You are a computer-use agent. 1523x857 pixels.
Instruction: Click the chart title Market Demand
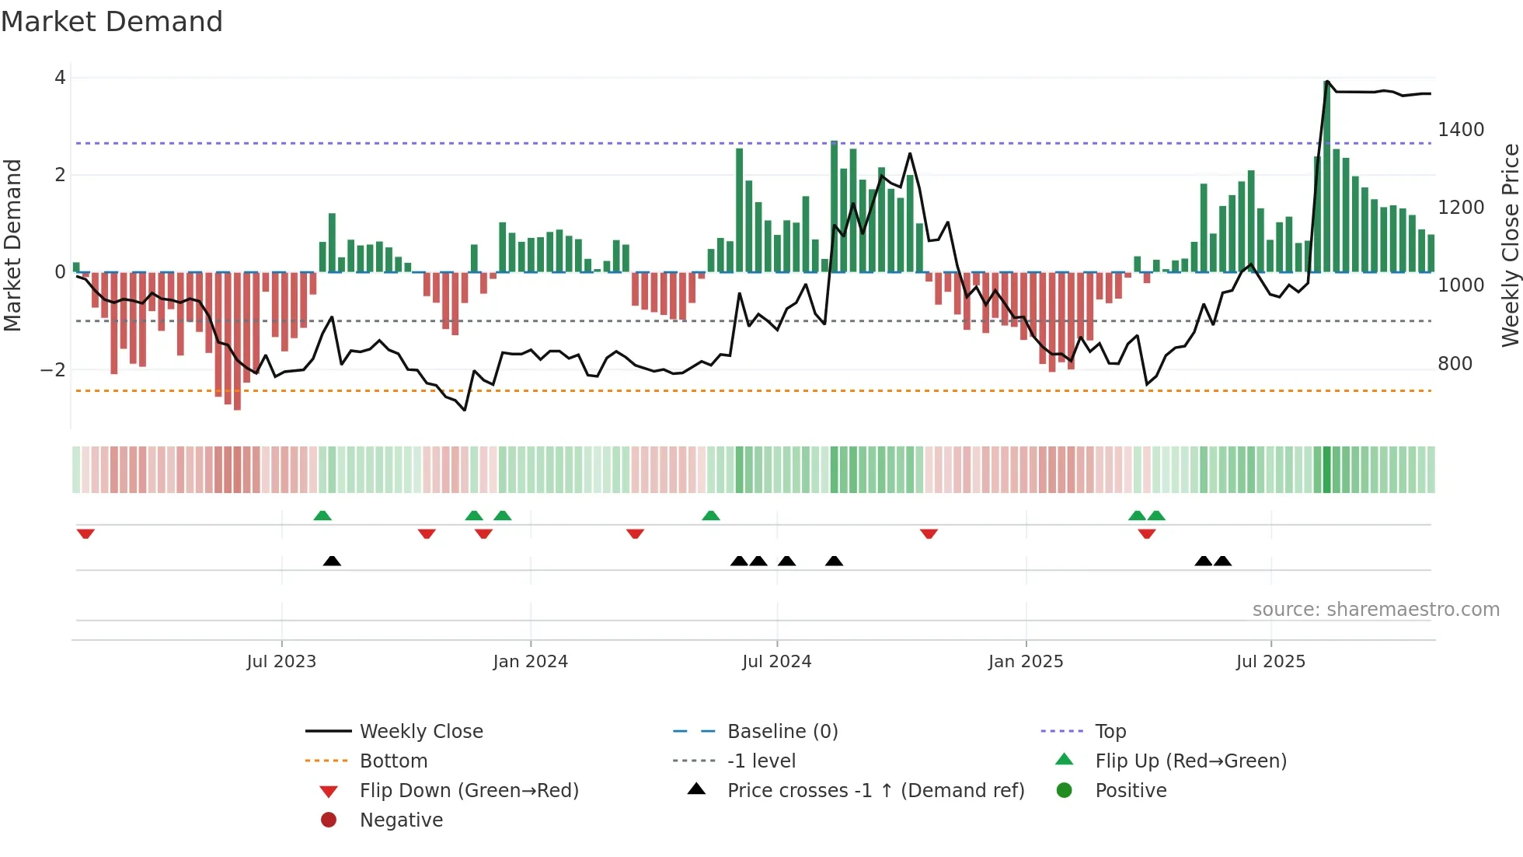point(112,22)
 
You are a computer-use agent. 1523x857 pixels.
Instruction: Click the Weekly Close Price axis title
point(1510,245)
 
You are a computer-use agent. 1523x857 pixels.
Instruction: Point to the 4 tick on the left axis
point(60,78)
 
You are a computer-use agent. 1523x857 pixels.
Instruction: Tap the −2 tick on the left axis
point(54,370)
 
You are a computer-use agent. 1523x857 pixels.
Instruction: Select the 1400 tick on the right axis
point(1460,130)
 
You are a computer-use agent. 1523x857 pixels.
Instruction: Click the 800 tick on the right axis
point(1455,364)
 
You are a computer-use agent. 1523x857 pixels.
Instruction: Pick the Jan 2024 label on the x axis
point(530,662)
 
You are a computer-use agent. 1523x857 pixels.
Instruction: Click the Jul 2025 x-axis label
point(1270,662)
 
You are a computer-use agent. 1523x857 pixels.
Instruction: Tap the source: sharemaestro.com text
point(1375,610)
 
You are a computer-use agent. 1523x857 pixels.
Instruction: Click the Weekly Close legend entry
point(420,732)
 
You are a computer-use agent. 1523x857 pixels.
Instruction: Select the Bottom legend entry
point(393,761)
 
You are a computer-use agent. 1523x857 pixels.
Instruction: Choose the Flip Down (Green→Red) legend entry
point(469,791)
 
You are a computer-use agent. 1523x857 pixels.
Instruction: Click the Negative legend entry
point(401,820)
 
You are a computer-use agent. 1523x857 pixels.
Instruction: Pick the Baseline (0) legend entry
point(782,732)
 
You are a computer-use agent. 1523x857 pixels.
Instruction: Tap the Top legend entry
point(1110,732)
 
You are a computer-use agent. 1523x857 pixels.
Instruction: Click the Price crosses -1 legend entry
point(875,791)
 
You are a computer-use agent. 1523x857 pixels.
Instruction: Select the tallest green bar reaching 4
point(1326,179)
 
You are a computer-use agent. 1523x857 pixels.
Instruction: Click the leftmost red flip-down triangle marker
point(85,533)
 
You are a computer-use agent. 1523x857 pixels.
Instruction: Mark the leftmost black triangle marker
point(332,561)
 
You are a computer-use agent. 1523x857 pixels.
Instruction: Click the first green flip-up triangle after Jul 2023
point(322,516)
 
